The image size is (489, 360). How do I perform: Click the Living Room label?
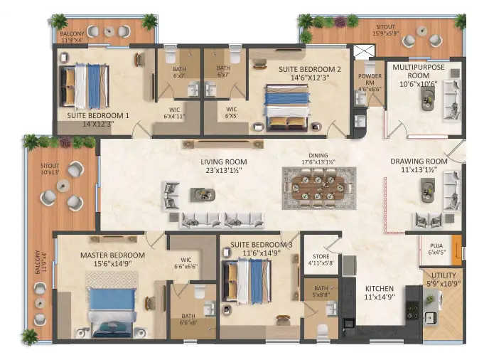coord(223,162)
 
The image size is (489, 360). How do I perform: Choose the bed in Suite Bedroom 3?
coord(246,282)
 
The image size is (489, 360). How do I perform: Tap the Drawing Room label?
coord(419,162)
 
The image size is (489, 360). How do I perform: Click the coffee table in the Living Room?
coord(200,193)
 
